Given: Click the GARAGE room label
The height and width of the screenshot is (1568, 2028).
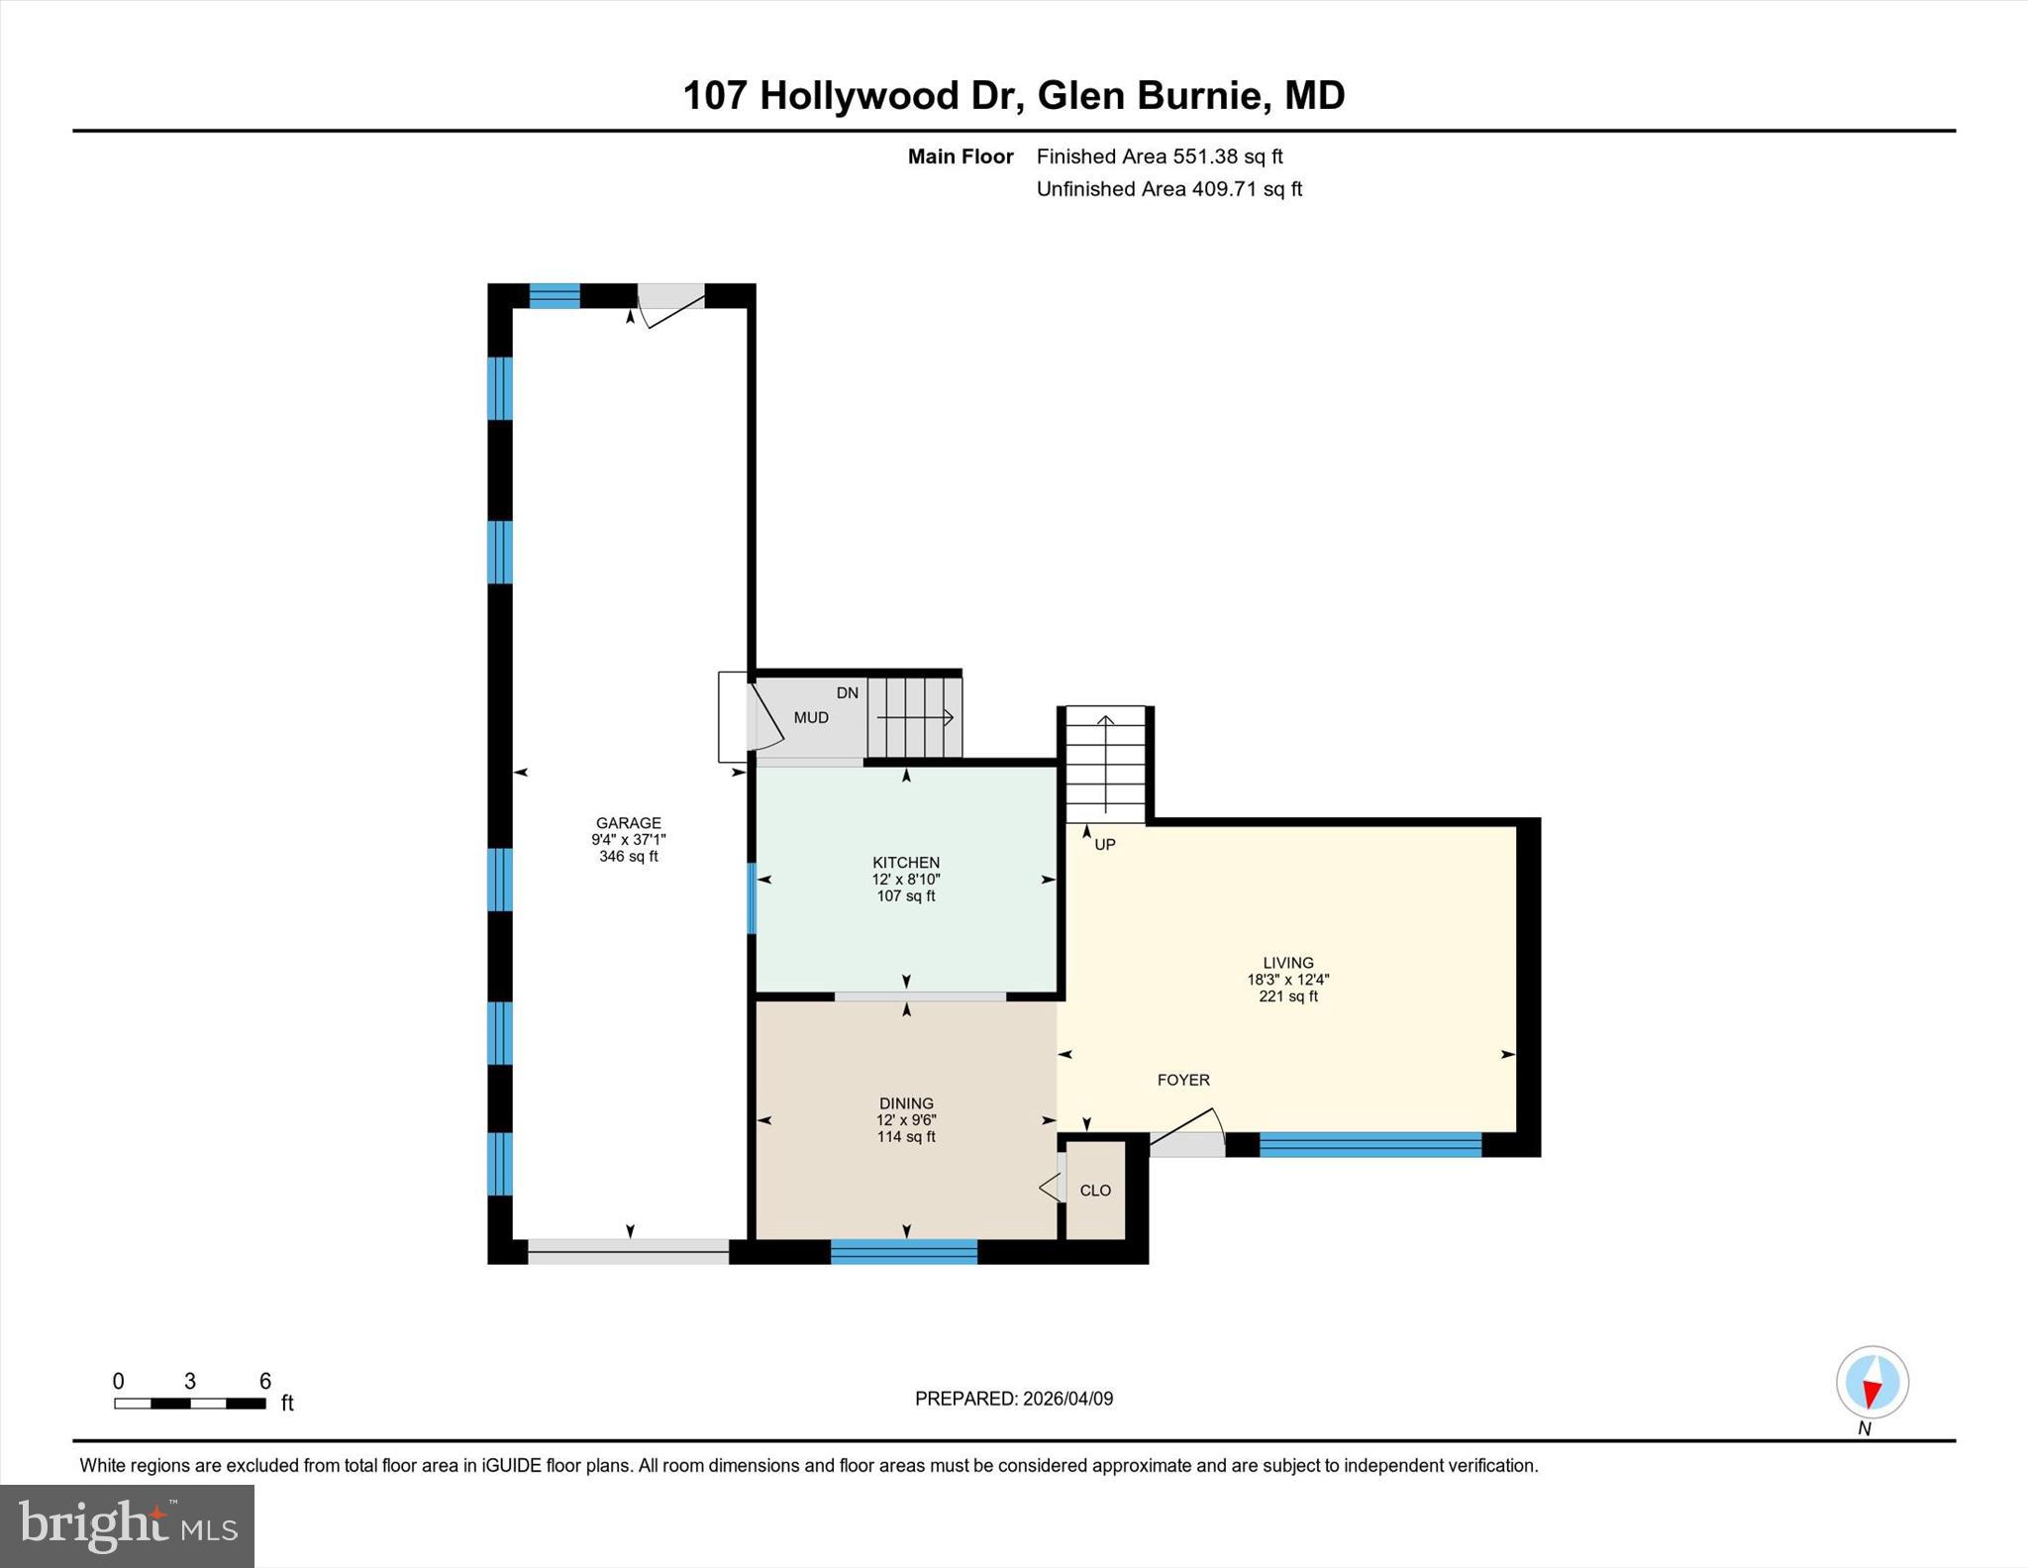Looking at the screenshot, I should [x=628, y=822].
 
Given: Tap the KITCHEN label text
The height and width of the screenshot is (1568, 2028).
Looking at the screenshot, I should [x=905, y=863].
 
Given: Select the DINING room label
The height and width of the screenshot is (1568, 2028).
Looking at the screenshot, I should [x=906, y=1103].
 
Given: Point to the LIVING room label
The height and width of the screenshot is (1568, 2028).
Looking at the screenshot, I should [x=1287, y=963].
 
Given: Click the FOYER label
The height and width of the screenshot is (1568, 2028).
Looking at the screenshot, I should [x=1183, y=1080].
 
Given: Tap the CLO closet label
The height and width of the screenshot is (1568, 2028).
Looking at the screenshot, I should [x=1095, y=1191].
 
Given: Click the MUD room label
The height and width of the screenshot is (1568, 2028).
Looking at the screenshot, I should [x=811, y=717].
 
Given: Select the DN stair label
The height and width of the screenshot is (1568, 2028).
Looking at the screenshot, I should [x=847, y=693].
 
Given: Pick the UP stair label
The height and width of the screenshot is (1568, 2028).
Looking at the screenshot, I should [x=1105, y=844].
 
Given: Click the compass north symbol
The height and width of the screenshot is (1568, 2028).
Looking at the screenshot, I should [x=1872, y=1383].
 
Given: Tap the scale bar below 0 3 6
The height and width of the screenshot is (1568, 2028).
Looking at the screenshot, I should [x=190, y=1403].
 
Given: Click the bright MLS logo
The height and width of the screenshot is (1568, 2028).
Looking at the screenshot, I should [x=127, y=1525].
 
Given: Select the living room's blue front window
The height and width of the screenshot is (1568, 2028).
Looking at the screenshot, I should [x=1369, y=1145].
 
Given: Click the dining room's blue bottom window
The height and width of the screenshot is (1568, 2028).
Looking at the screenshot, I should [x=903, y=1252].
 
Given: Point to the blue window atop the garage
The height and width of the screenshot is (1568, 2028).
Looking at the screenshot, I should [x=555, y=295].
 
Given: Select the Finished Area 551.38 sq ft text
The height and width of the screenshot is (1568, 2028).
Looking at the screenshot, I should [x=1159, y=157].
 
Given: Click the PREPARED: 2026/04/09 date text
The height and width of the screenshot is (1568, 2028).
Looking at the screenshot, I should [x=1013, y=1399].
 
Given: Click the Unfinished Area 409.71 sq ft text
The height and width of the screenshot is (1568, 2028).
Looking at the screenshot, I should [x=1168, y=189].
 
